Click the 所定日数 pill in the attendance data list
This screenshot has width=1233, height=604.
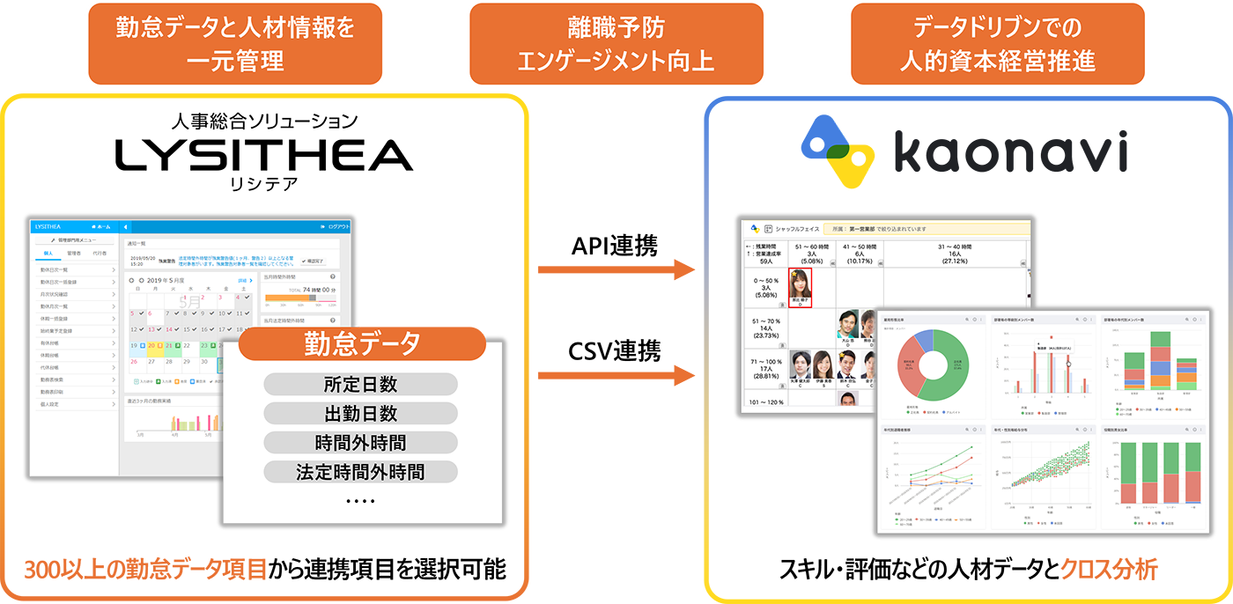[x=360, y=384]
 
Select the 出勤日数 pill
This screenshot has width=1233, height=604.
[x=360, y=413]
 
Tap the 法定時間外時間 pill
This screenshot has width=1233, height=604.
[x=360, y=472]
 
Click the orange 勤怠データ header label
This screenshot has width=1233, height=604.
[x=362, y=343]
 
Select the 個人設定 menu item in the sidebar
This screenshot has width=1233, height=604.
[x=62, y=404]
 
